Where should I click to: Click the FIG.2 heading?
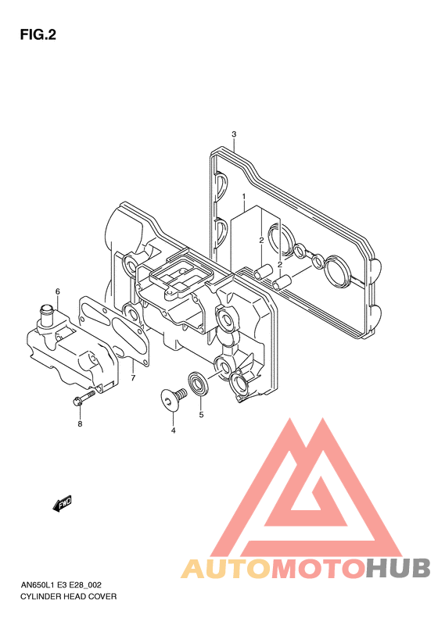(38, 35)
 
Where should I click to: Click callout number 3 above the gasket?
(234, 134)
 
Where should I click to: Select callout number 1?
(244, 196)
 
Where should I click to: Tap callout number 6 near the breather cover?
(58, 291)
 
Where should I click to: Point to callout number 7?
(133, 378)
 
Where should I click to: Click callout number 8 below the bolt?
(80, 424)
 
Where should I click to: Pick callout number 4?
(173, 430)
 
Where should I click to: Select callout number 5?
(201, 415)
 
